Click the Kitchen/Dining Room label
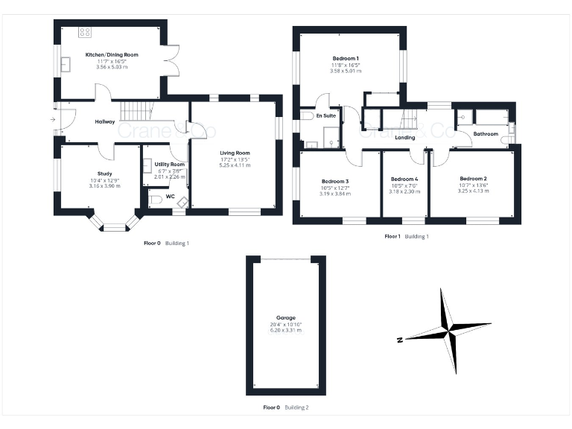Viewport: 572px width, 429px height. pyautogui.click(x=112, y=54)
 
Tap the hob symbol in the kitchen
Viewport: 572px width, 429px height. pyautogui.click(x=85, y=32)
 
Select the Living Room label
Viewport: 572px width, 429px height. pyautogui.click(x=234, y=153)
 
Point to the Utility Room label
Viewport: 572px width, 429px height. pyautogui.click(x=169, y=164)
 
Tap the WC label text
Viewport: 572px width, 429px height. pyautogui.click(x=171, y=197)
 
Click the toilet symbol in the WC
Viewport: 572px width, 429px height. pyautogui.click(x=155, y=199)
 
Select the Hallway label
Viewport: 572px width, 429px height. pyautogui.click(x=104, y=122)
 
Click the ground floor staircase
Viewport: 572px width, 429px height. pyautogui.click(x=137, y=112)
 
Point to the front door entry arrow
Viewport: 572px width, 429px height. pyautogui.click(x=54, y=118)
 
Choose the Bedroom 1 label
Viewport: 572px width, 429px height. pyautogui.click(x=346, y=58)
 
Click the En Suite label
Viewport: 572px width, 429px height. pyautogui.click(x=325, y=116)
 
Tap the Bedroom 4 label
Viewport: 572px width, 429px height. pyautogui.click(x=405, y=179)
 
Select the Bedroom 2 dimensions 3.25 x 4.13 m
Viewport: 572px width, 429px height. pyautogui.click(x=473, y=191)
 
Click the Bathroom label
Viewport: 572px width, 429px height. pyautogui.click(x=486, y=133)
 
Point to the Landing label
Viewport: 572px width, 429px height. pyautogui.click(x=404, y=138)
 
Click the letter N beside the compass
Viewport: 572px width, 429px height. pyautogui.click(x=400, y=340)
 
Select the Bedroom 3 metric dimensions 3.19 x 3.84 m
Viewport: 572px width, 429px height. pyautogui.click(x=335, y=194)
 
